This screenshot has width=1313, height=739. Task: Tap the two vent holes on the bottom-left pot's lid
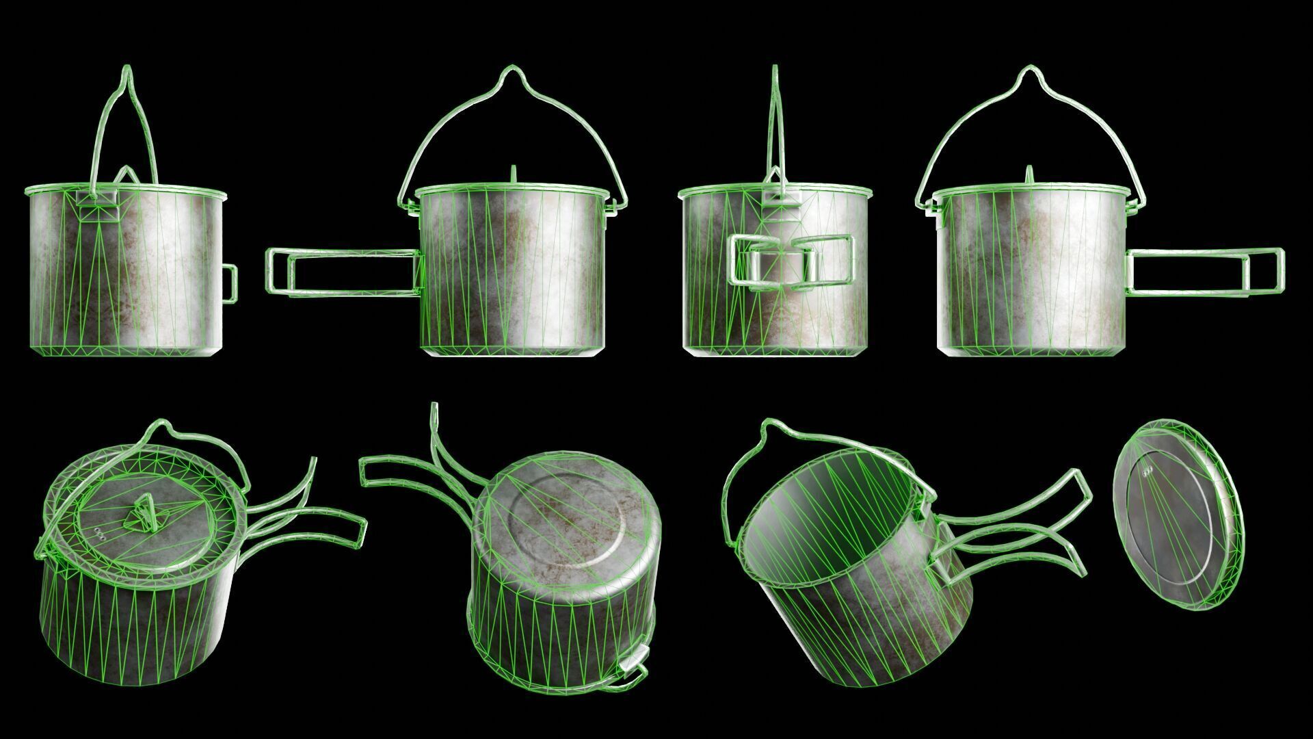(101, 534)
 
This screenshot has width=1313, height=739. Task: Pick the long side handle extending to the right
(1204, 271)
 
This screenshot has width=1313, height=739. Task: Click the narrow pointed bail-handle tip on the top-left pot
(127, 72)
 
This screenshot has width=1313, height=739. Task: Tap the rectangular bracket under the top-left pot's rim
(96, 205)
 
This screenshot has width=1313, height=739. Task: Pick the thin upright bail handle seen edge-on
(775, 123)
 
